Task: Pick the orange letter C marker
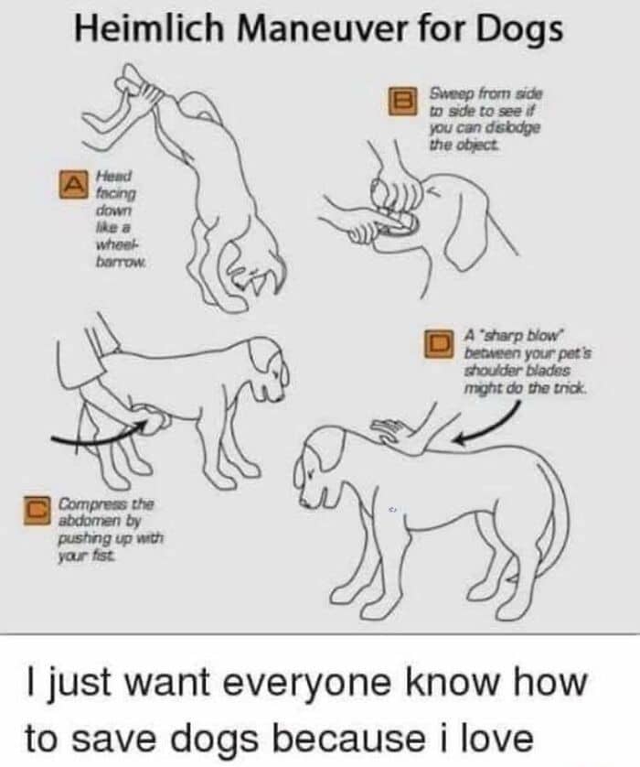37,510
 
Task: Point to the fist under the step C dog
156,422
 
